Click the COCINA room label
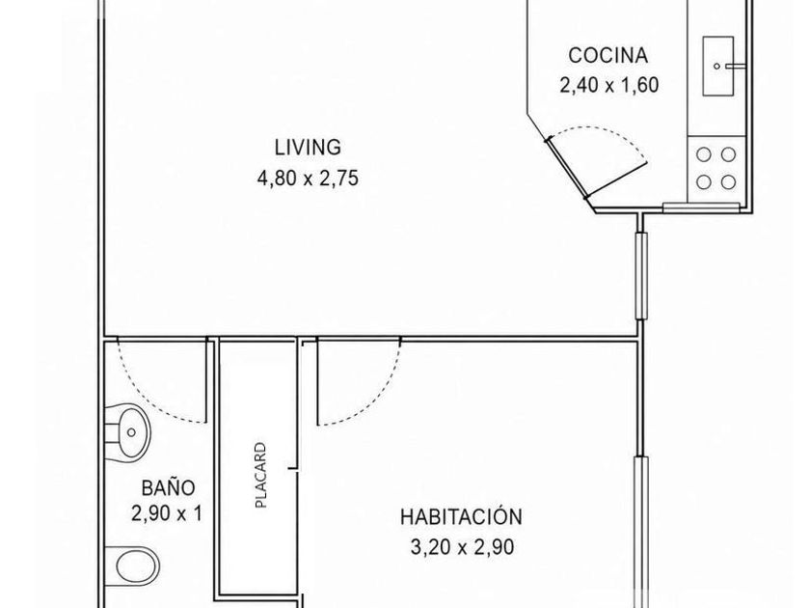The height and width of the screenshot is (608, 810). pyautogui.click(x=608, y=55)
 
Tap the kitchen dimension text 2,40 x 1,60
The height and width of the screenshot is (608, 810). pyautogui.click(x=609, y=85)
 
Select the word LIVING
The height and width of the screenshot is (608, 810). pyautogui.click(x=308, y=148)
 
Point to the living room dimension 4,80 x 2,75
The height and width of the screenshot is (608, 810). pyautogui.click(x=308, y=179)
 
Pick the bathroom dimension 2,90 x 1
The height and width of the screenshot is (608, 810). pyautogui.click(x=166, y=513)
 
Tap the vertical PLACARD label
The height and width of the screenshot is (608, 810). pyautogui.click(x=261, y=475)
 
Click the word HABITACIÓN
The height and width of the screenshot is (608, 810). pyautogui.click(x=461, y=516)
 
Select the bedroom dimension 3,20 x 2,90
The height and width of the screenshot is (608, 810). pyautogui.click(x=462, y=547)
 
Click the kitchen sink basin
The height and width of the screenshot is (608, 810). pyautogui.click(x=718, y=66)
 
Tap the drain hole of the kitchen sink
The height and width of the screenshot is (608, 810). pyautogui.click(x=716, y=67)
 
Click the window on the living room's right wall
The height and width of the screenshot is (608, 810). pyautogui.click(x=640, y=276)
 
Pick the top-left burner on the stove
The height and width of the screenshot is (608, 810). pyautogui.click(x=704, y=154)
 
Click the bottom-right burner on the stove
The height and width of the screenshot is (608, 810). pyautogui.click(x=728, y=182)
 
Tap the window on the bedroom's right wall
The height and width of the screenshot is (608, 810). pyautogui.click(x=641, y=532)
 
